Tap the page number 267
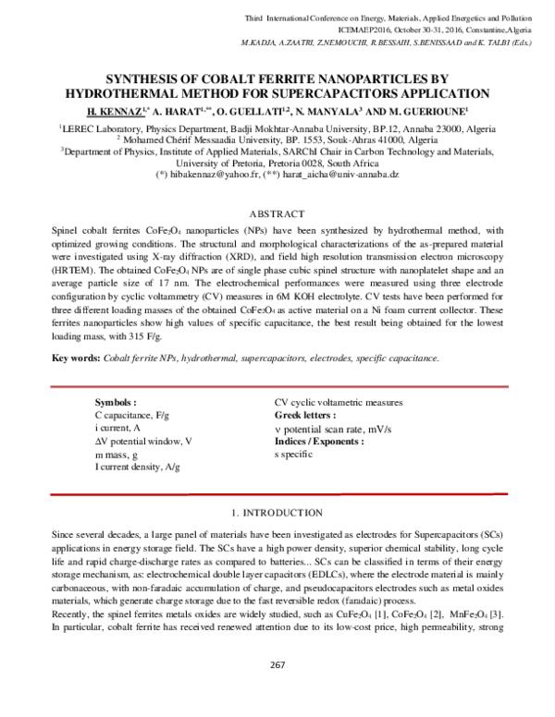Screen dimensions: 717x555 [277, 689]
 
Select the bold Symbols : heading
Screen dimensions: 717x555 [116, 403]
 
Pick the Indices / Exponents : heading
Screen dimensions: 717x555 [319, 442]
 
